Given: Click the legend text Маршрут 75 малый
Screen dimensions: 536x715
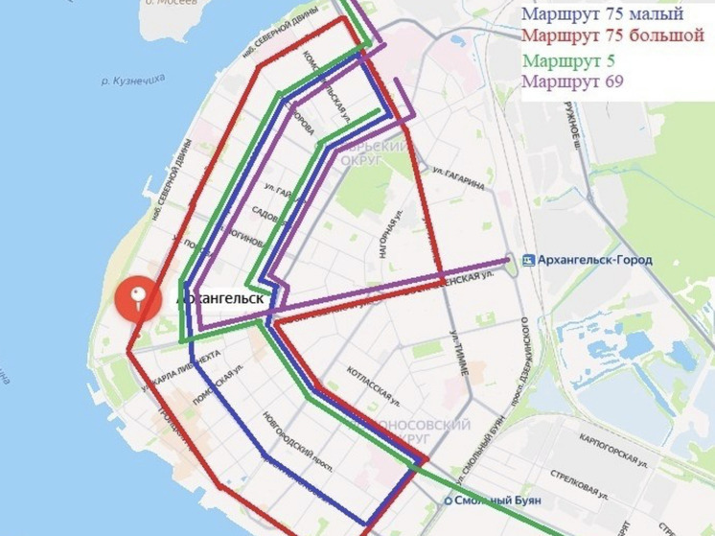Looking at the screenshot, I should coord(601,14).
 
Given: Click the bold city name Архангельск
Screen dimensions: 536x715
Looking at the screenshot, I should coord(222,298).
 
